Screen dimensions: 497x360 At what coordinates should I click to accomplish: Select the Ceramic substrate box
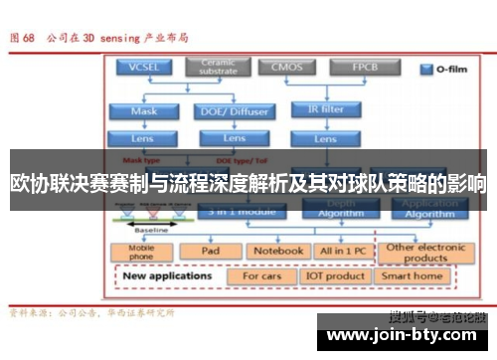pos(218,67)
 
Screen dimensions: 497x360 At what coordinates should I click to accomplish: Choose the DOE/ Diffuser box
pos(227,111)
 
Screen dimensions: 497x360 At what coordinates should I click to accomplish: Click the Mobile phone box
pos(141,253)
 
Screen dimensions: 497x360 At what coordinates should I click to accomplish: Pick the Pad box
pos(210,252)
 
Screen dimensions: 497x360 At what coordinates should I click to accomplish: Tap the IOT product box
pos(335,275)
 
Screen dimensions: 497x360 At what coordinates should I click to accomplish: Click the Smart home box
pos(413,275)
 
